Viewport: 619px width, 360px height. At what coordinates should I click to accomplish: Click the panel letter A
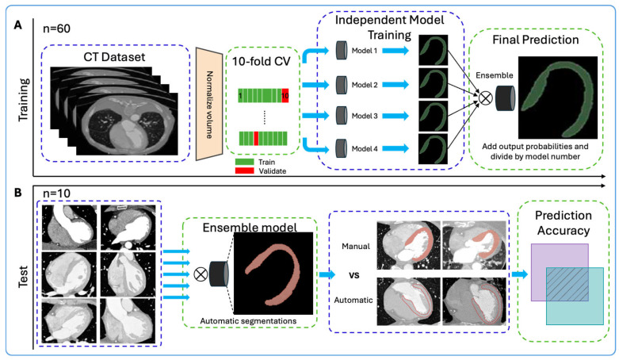point(17,25)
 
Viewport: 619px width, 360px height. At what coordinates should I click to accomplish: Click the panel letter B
point(17,193)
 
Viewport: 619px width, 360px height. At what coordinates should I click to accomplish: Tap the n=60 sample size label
point(56,29)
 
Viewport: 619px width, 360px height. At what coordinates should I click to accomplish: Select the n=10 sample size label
point(56,193)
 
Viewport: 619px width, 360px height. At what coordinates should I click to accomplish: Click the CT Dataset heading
point(114,57)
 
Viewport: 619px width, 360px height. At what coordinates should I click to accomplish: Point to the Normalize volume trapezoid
point(209,104)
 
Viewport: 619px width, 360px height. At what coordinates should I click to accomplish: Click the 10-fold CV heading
point(262,61)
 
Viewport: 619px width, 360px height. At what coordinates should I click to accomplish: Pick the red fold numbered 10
point(285,96)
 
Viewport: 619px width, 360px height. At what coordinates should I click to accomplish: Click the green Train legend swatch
point(244,162)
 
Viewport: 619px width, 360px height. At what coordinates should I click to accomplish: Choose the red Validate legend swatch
point(244,170)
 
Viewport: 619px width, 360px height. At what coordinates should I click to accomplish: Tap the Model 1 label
point(365,51)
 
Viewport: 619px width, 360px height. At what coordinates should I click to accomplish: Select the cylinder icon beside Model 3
point(342,116)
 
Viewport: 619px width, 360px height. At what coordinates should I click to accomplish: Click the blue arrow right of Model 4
point(395,148)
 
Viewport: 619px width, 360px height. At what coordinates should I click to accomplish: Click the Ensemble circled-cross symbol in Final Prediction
point(486,98)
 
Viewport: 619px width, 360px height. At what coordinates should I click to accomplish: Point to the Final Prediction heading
point(535,40)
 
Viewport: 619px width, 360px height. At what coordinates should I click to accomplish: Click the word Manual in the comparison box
point(356,246)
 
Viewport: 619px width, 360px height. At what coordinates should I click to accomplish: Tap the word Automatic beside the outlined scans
point(353,300)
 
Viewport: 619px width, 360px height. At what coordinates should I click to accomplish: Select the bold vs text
point(354,275)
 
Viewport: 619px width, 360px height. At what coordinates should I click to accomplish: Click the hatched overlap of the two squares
point(567,284)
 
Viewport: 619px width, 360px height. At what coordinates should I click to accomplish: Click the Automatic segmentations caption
point(248,321)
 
